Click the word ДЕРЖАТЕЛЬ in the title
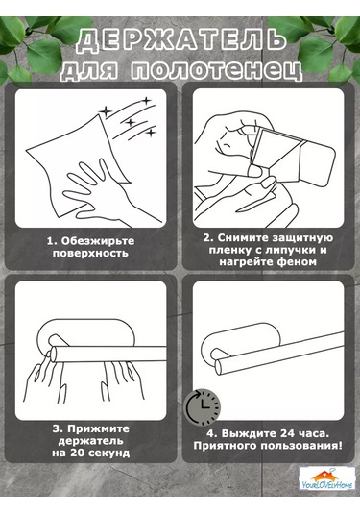click(180, 40)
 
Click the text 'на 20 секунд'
click(92, 453)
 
